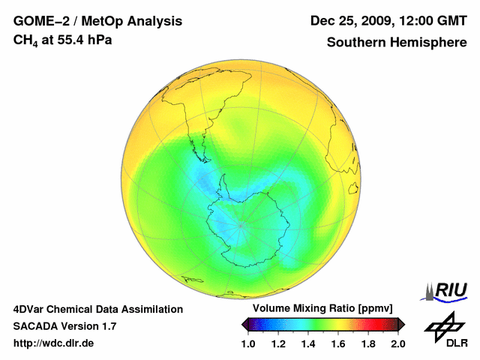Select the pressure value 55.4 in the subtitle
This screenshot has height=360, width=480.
click(x=71, y=40)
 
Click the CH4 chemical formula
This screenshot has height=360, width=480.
click(x=23, y=40)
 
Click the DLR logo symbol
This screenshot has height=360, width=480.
click(x=444, y=325)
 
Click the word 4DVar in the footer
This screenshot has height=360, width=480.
click(x=30, y=309)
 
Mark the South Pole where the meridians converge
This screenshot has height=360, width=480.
click(x=240, y=223)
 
